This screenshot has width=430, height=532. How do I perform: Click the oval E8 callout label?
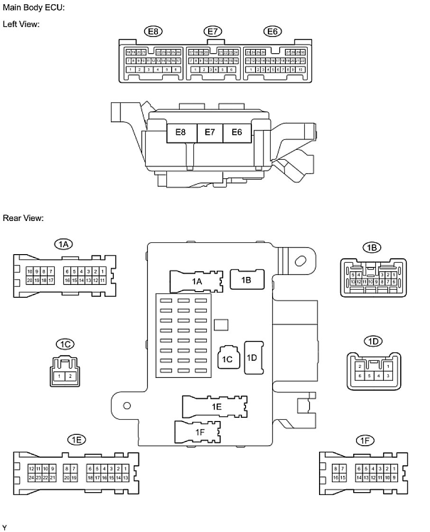click(153, 31)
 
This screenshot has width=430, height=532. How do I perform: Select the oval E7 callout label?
click(212, 31)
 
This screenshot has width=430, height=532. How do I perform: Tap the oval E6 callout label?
click(272, 31)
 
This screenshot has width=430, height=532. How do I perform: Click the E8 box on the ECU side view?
click(181, 132)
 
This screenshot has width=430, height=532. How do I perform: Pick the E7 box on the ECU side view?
click(210, 132)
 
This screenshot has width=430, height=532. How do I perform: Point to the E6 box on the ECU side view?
click(237, 132)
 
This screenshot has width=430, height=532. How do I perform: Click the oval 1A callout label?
click(64, 245)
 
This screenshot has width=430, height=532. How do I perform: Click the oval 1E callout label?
click(77, 440)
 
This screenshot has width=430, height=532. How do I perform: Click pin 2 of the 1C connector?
click(71, 376)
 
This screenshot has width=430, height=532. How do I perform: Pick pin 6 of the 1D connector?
click(361, 376)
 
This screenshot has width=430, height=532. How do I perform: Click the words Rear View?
click(23, 219)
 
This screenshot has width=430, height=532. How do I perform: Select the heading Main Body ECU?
click(34, 8)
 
